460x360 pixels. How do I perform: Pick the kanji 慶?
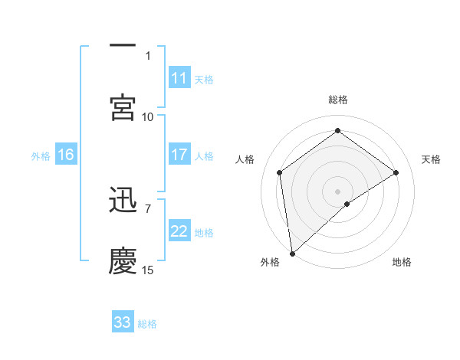(123, 260)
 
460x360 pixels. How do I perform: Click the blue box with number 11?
(179, 78)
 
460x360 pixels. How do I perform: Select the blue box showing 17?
(179, 155)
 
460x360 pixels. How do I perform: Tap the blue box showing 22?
(179, 231)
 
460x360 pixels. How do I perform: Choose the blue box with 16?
(66, 155)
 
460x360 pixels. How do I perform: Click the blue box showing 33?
(123, 322)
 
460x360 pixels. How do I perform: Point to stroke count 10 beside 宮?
(148, 116)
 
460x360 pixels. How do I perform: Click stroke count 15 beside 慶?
(148, 270)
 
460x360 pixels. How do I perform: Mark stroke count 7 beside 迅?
(148, 208)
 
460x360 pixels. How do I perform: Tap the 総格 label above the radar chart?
(338, 100)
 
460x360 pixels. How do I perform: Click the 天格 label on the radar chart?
(431, 159)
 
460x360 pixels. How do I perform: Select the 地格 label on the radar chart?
(402, 263)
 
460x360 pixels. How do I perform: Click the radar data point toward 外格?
(291, 254)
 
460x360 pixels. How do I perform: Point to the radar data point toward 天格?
(396, 172)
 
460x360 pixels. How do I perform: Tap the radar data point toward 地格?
(347, 204)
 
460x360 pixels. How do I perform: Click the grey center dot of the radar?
(337, 191)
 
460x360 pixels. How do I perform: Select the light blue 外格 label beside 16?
(41, 155)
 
